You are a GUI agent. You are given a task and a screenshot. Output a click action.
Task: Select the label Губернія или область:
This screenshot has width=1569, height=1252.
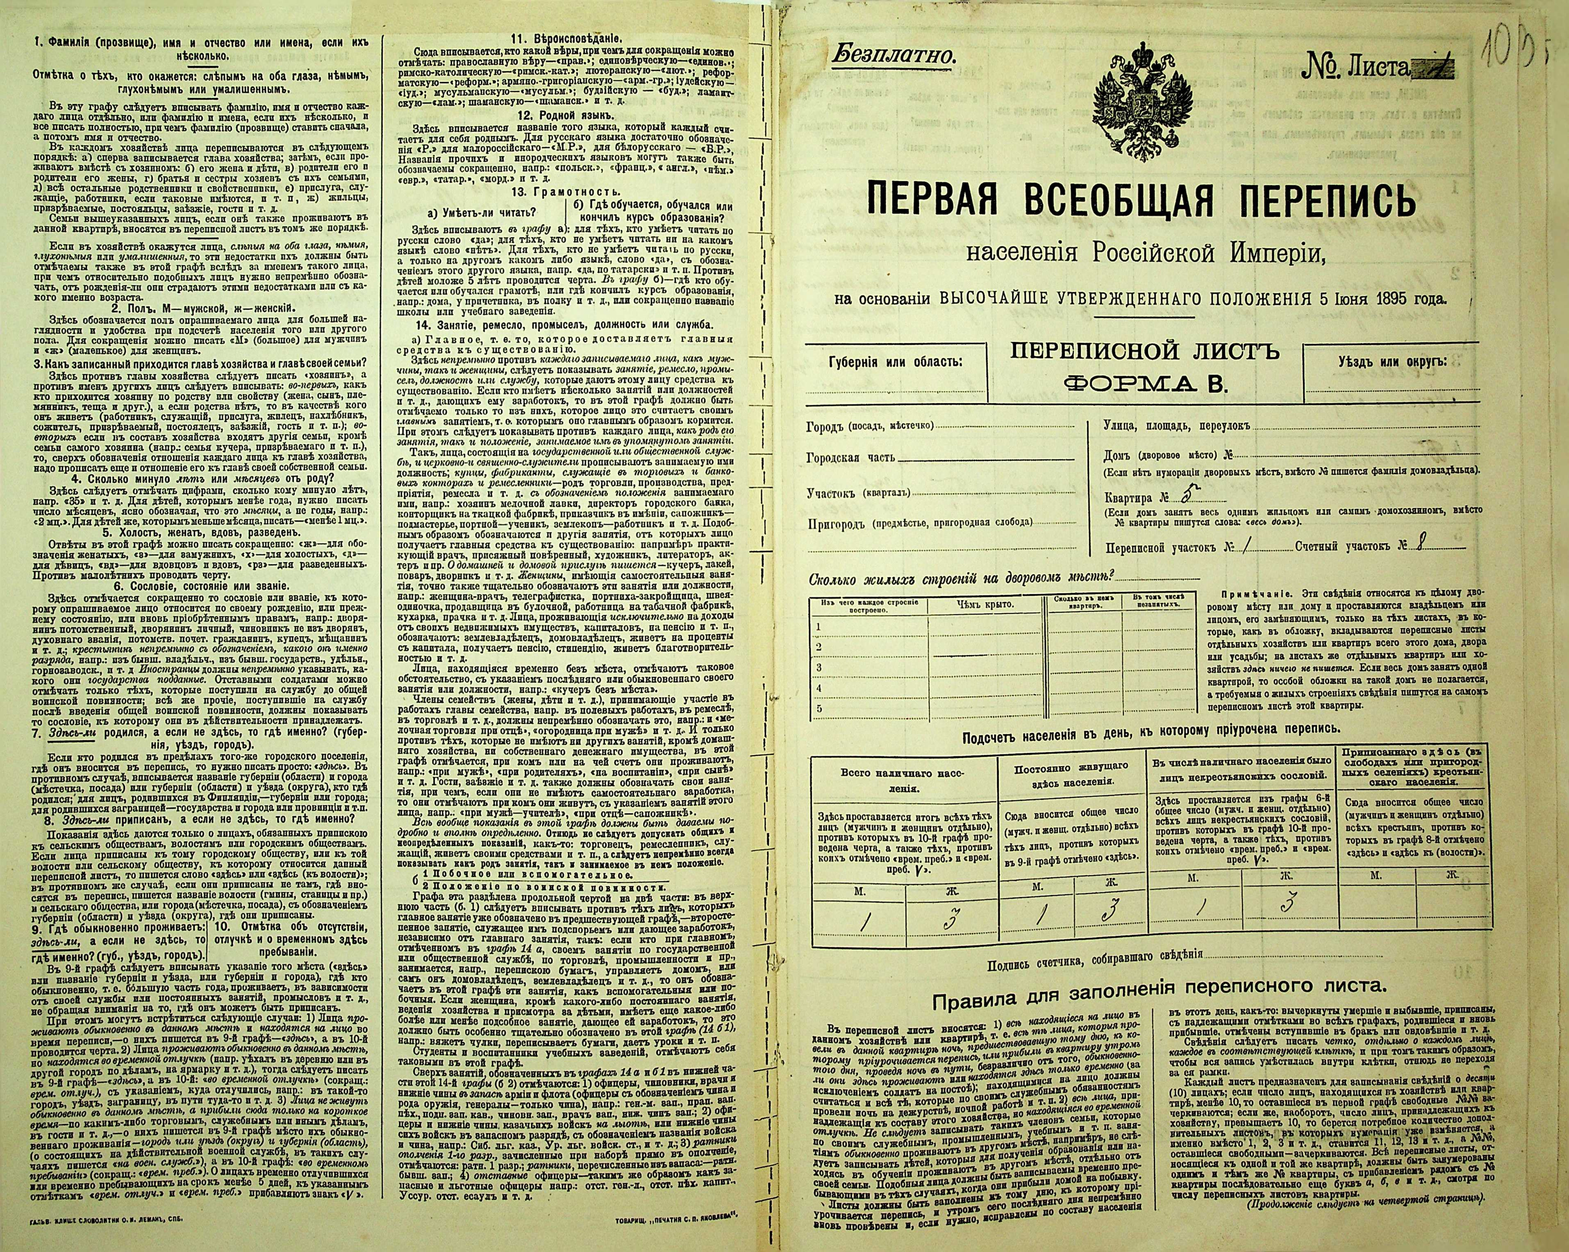(x=894, y=361)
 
